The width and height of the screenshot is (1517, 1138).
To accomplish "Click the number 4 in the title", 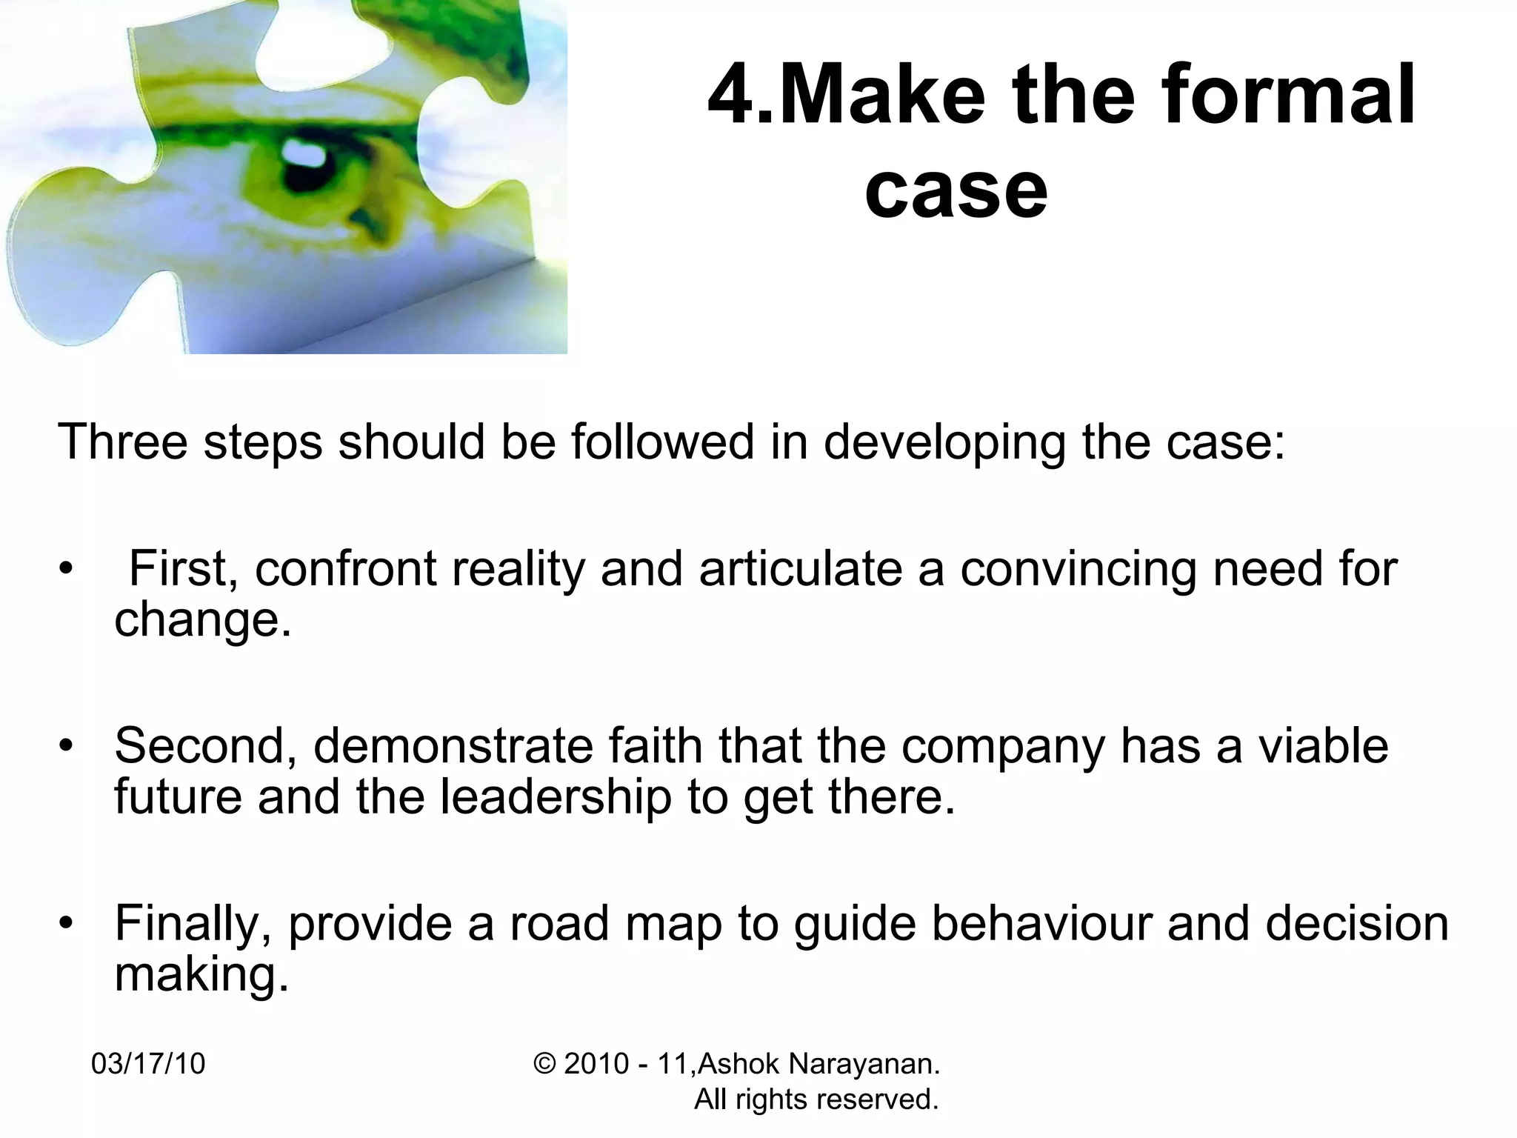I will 736,96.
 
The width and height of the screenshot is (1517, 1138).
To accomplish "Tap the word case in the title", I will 956,191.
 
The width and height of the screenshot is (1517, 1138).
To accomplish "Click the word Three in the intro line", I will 122,442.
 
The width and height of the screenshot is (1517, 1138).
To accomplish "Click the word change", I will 202,619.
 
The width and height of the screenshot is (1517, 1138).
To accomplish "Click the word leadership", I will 556,797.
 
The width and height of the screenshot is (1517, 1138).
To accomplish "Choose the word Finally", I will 193,924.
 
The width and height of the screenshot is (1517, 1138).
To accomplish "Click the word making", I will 201,975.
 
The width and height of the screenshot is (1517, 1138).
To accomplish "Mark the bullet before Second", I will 67,745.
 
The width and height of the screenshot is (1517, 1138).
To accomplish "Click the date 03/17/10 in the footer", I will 148,1064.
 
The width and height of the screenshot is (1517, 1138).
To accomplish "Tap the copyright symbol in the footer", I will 544,1064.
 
